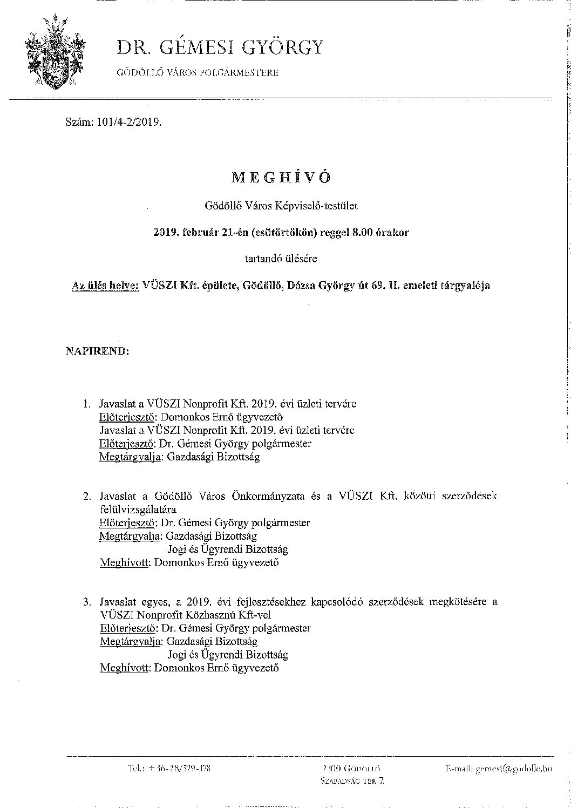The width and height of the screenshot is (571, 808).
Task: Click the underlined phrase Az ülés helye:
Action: tap(106, 286)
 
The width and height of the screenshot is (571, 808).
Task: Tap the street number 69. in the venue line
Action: tap(382, 286)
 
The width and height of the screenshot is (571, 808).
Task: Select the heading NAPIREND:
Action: tap(97, 351)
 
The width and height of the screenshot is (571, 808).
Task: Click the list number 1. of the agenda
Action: tap(87, 404)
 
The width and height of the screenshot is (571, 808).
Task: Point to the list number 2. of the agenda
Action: tap(87, 496)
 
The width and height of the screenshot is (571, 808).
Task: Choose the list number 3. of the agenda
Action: tap(87, 602)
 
